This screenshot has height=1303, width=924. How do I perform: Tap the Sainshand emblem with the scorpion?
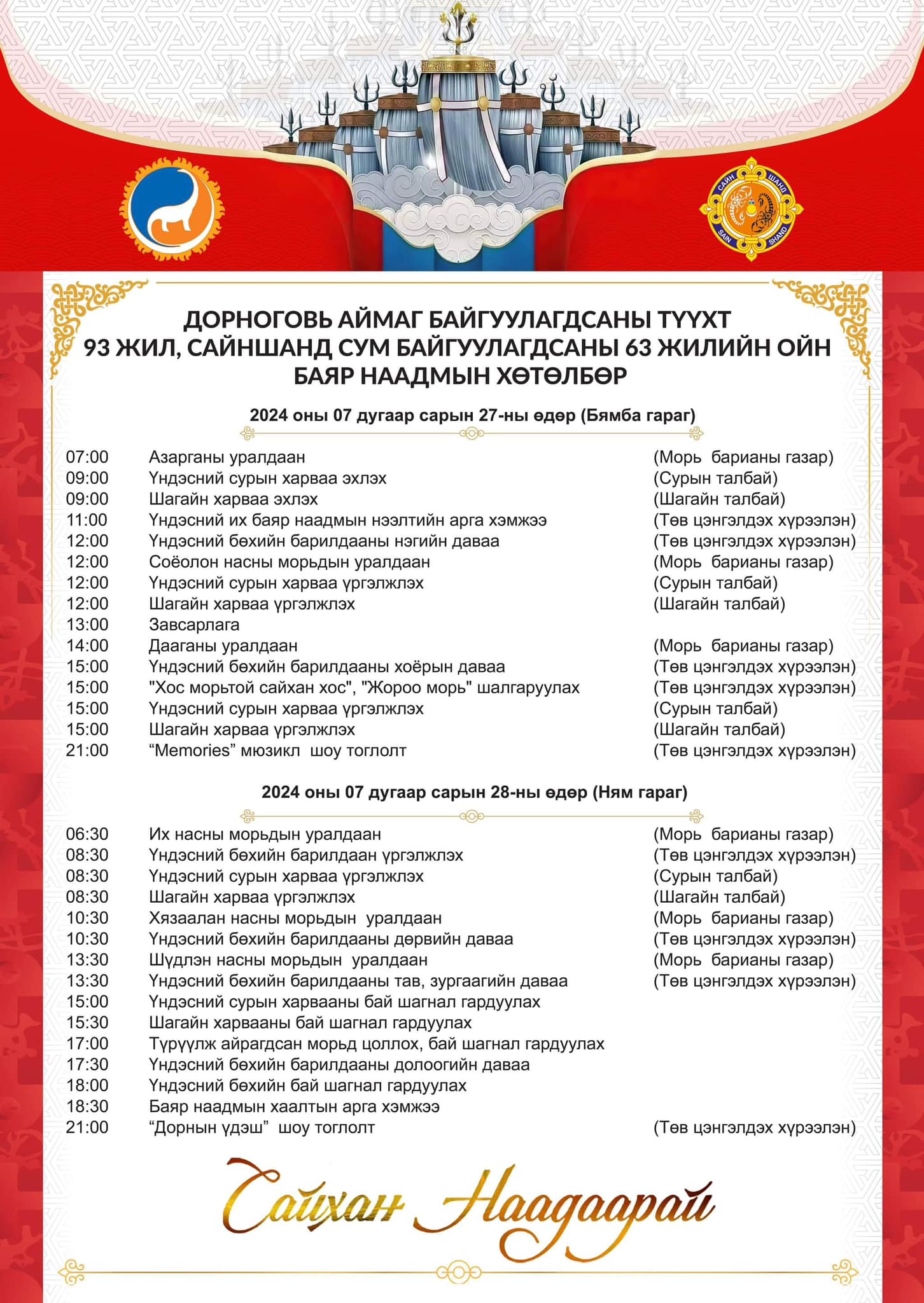click(751, 209)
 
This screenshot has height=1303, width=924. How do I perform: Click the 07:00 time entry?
click(87, 457)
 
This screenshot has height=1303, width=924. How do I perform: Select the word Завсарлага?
click(194, 625)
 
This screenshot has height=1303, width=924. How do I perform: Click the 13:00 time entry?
click(87, 625)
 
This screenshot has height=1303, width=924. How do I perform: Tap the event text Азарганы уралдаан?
click(227, 457)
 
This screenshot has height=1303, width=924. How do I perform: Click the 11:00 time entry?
click(87, 520)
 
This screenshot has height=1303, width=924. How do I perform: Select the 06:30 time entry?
click(87, 834)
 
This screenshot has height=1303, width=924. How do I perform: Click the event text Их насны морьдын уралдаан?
click(265, 834)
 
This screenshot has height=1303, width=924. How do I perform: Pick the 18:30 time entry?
click(87, 1106)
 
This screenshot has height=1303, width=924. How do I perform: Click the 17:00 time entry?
click(87, 1043)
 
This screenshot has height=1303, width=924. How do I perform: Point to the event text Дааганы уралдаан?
click(223, 646)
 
